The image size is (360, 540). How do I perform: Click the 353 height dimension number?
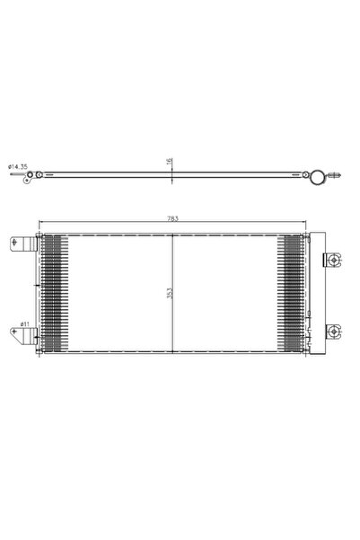point(166,293)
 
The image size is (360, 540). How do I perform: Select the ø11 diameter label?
point(24,323)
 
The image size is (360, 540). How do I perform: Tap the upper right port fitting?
point(333,261)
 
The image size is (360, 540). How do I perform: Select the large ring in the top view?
point(315,175)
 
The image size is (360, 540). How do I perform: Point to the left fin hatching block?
point(54,292)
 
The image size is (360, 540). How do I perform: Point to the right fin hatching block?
point(293,292)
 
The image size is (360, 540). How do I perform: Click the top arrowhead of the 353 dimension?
point(171,236)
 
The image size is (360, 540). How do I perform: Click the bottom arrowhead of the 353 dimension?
point(171,350)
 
